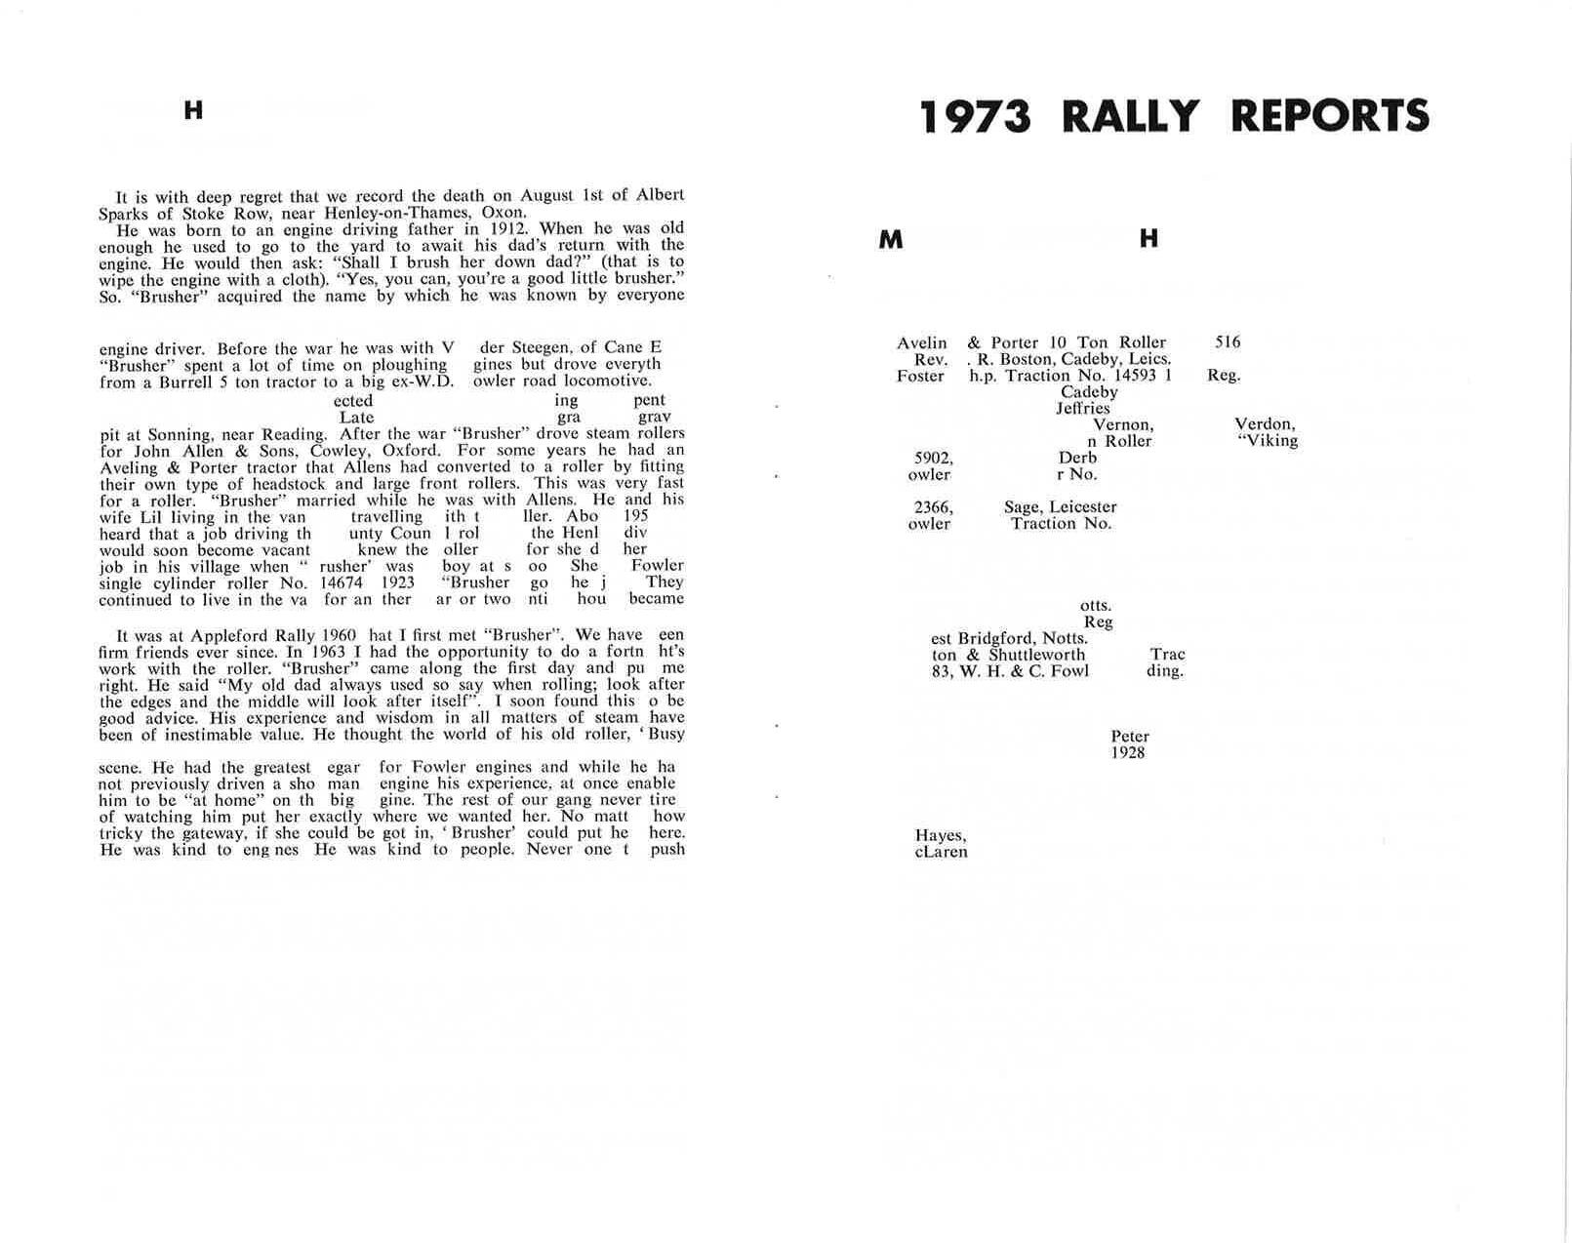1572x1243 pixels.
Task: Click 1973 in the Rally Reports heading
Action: [975, 116]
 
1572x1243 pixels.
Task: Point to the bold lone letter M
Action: [890, 239]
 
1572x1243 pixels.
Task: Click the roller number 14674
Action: [343, 582]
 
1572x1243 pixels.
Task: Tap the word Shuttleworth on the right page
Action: [1036, 655]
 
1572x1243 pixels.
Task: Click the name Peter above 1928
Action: [1129, 737]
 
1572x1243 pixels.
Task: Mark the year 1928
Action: [1127, 753]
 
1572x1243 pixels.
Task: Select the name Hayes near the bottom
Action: [940, 836]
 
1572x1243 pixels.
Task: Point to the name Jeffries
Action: [1082, 409]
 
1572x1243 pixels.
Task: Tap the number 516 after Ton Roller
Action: [1228, 342]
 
